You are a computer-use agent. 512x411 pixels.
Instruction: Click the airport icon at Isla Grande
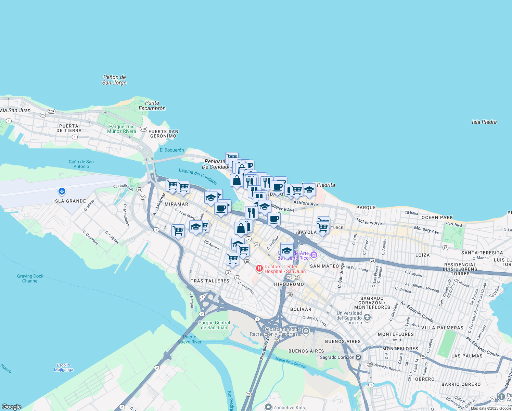(x=62, y=191)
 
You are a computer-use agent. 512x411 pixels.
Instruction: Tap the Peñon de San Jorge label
(x=114, y=80)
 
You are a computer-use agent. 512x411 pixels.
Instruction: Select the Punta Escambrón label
(x=152, y=105)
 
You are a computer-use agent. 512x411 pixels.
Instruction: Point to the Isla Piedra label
(x=484, y=122)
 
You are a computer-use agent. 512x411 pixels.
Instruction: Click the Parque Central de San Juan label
(x=214, y=325)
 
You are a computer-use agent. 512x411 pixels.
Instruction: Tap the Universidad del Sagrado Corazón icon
(x=367, y=317)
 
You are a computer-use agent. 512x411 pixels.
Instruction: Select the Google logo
(x=12, y=407)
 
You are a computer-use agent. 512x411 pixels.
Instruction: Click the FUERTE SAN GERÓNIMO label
(x=163, y=134)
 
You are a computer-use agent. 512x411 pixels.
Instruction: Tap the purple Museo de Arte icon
(x=314, y=255)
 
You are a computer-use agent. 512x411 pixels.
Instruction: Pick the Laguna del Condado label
(x=198, y=176)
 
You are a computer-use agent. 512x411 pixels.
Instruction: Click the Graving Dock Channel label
(x=30, y=278)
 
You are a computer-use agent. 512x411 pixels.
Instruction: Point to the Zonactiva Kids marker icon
(x=268, y=407)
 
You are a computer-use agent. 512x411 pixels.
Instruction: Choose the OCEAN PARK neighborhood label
(x=437, y=217)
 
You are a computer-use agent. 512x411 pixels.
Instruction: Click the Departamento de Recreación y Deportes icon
(x=306, y=331)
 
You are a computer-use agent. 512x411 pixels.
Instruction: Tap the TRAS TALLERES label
(x=210, y=281)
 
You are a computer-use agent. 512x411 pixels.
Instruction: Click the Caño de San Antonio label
(x=81, y=164)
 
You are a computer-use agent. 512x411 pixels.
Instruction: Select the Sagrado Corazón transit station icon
(x=358, y=357)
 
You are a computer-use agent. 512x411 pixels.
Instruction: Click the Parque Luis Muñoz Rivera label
(x=121, y=129)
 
